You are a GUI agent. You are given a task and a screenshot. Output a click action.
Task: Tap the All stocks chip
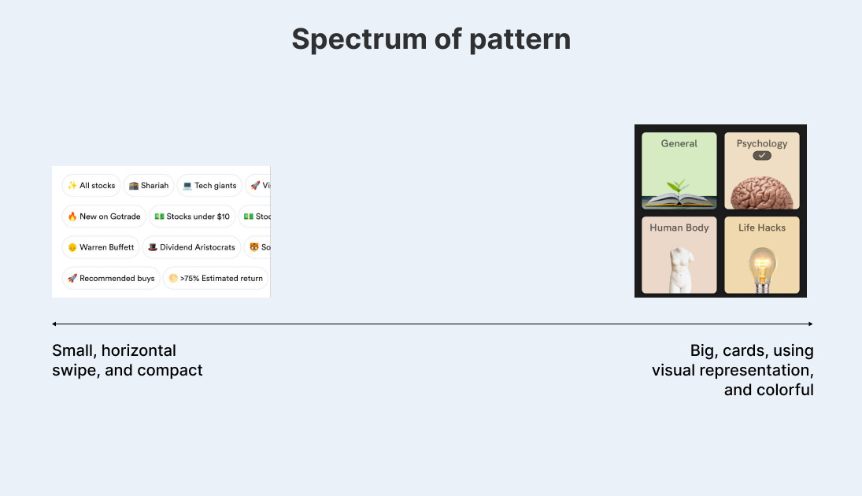(x=91, y=186)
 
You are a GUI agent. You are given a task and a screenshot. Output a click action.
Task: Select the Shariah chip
(x=148, y=186)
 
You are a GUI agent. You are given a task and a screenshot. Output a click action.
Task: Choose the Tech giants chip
(x=209, y=186)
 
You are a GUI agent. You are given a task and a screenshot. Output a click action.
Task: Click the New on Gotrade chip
(x=104, y=217)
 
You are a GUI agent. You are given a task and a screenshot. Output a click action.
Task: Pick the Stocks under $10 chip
(x=192, y=217)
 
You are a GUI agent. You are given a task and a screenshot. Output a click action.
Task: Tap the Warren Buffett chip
(x=100, y=247)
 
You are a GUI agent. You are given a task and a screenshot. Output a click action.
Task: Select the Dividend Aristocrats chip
(x=191, y=247)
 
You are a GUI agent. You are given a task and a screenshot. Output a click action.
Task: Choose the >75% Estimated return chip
(x=216, y=278)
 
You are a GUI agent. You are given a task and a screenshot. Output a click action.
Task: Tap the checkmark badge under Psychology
(x=761, y=156)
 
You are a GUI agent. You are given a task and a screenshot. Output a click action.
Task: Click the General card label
(x=679, y=144)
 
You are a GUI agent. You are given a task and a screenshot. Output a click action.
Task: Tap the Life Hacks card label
(x=761, y=228)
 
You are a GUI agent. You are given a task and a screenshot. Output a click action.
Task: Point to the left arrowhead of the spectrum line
(x=54, y=324)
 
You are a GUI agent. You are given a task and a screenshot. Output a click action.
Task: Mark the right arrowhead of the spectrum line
(x=811, y=324)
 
